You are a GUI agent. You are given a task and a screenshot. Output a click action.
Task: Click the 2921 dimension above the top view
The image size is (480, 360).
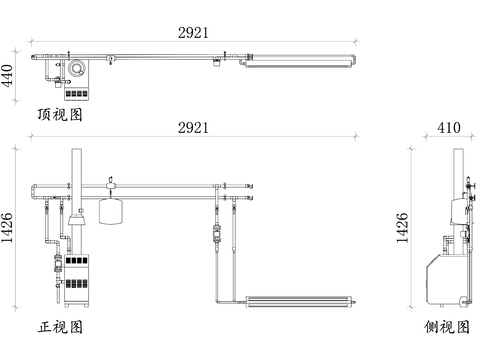point(193,33)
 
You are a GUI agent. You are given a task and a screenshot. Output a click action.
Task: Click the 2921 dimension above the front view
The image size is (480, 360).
point(193,128)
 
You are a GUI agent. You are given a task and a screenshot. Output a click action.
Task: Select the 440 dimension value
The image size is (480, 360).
point(7,76)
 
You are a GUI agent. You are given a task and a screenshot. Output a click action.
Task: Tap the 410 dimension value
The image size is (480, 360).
point(449,127)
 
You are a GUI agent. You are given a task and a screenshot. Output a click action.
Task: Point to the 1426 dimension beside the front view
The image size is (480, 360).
point(7,228)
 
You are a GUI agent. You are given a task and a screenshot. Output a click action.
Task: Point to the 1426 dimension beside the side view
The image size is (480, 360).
point(402,228)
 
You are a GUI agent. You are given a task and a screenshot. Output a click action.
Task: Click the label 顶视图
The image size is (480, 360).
point(60,114)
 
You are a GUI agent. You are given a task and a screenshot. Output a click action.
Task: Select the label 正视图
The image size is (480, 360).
point(60,327)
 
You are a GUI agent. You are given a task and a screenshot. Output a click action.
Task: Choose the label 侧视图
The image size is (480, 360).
point(447,327)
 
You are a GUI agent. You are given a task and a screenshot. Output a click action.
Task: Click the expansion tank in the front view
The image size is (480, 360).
point(111,211)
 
